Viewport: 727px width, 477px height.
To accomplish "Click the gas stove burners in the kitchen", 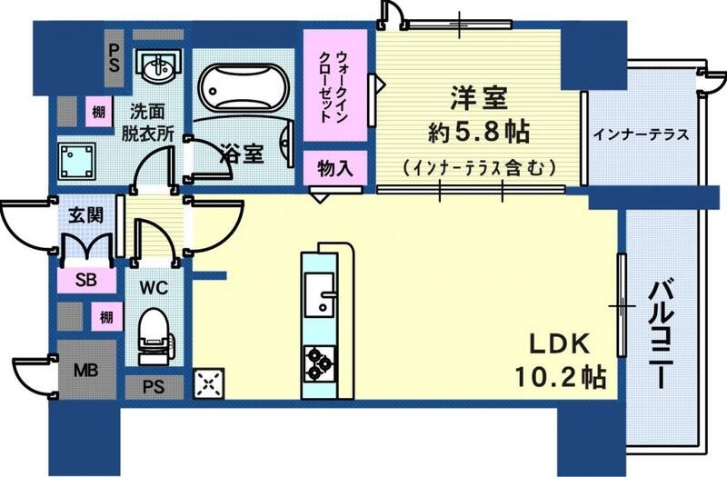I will click(x=318, y=363).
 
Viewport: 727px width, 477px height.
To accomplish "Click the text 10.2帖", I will click(x=557, y=373).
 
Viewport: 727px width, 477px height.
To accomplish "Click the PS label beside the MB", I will click(x=153, y=386).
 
